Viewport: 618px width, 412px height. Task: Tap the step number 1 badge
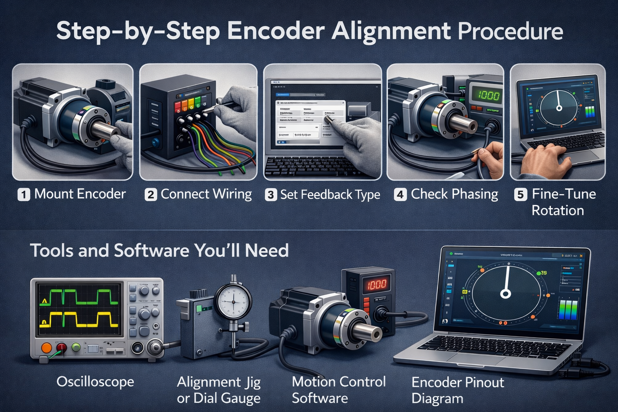click(x=24, y=195)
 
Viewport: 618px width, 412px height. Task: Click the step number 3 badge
click(x=271, y=195)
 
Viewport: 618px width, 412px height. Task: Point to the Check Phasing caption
click(x=454, y=194)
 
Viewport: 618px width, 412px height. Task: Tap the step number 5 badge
click(x=520, y=195)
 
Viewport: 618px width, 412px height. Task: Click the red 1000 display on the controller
click(x=375, y=284)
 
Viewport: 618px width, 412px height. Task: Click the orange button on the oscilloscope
click(x=47, y=348)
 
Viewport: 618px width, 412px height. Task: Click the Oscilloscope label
click(x=95, y=381)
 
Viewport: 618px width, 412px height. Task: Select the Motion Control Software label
click(x=338, y=389)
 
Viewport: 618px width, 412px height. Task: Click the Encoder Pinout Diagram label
click(x=457, y=390)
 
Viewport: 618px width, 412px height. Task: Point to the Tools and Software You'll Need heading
click(x=159, y=251)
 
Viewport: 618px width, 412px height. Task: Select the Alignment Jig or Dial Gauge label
click(x=218, y=389)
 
